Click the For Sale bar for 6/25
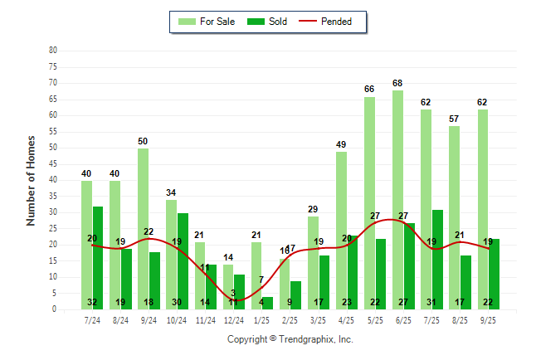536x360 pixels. [x=398, y=199]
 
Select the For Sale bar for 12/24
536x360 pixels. [x=228, y=286]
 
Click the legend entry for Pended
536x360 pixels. [x=333, y=22]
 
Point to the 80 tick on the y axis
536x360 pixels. [x=53, y=51]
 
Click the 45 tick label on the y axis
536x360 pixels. [x=53, y=163]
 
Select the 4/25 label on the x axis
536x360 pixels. [x=346, y=319]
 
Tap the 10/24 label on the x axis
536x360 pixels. [x=177, y=319]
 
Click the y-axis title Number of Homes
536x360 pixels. [x=31, y=180]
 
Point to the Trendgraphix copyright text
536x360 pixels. [x=290, y=339]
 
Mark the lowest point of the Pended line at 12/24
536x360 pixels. [x=235, y=300]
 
